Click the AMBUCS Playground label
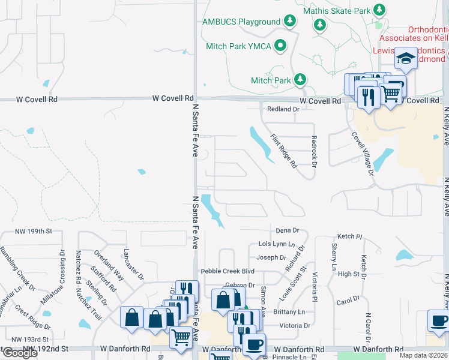point(241,22)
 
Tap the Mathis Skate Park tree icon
point(379,10)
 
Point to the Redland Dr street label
point(283,109)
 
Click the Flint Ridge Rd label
point(283,151)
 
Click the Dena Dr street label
point(287,230)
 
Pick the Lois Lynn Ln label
point(276,244)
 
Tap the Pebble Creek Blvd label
point(224,272)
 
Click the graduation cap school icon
point(406,59)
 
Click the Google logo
point(20,353)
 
